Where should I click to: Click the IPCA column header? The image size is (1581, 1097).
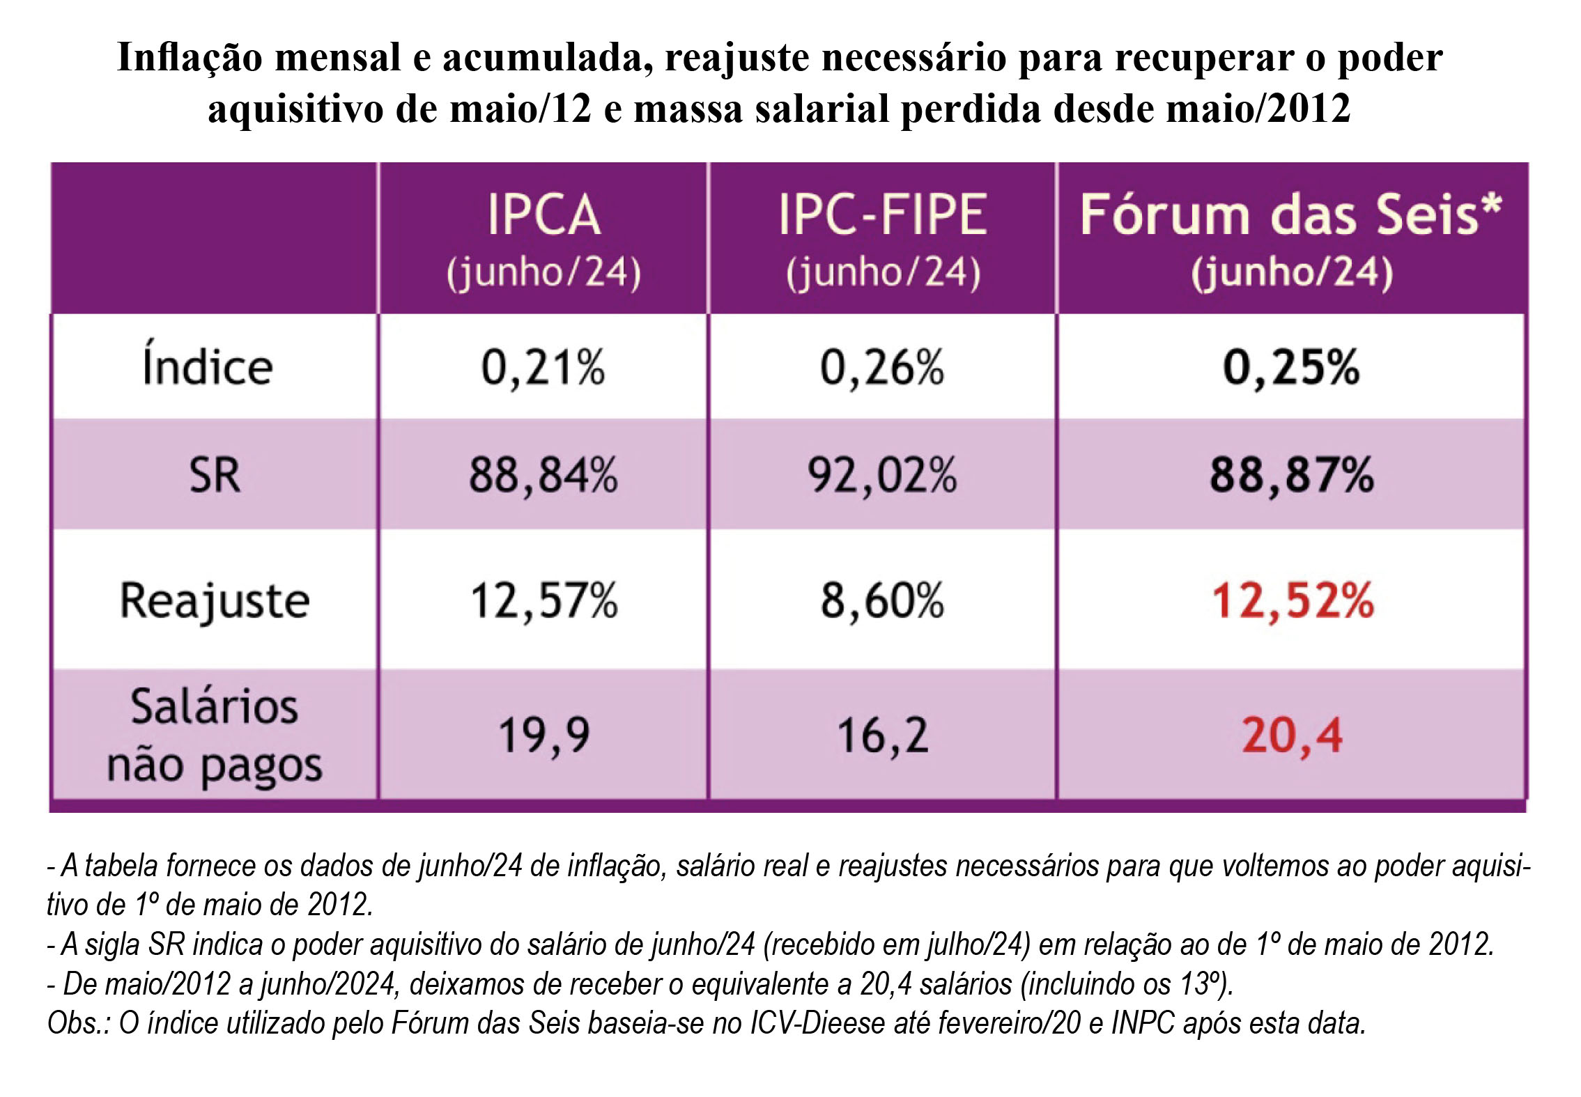pos(543,239)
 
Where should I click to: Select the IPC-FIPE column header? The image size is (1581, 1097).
pos(883,239)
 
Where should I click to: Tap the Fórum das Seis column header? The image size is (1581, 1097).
pos(1291,239)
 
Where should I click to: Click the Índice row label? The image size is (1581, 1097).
pos(208,366)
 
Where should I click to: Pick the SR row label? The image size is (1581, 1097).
pos(215,476)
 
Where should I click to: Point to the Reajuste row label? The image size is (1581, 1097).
pos(215,600)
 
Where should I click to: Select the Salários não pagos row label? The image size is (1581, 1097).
pos(215,736)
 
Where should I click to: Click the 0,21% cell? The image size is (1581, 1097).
pos(543,368)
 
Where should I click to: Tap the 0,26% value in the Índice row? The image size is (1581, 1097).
pos(882,368)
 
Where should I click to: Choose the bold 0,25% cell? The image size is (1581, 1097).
pos(1291,368)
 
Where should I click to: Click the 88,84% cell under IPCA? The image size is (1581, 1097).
pos(543,476)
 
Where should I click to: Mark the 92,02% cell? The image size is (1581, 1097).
pos(882,476)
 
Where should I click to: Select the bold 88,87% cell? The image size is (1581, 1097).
pos(1291,476)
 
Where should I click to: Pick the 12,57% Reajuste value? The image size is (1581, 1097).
pos(543,600)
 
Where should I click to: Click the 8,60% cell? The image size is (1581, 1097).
pos(882,600)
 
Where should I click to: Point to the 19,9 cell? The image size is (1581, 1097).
pos(543,736)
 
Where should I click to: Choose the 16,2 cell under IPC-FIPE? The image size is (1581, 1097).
pos(882,736)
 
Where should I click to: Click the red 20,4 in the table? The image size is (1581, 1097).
pos(1291,736)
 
